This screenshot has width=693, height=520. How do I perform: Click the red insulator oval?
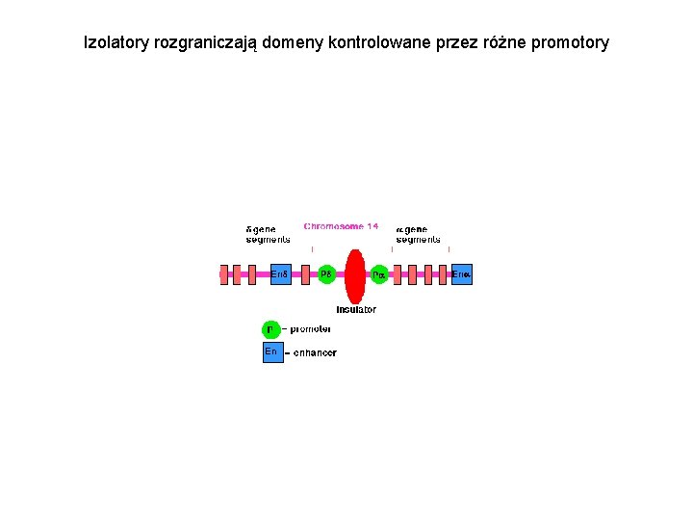coord(355,275)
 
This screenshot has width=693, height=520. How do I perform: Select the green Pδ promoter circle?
coord(326,274)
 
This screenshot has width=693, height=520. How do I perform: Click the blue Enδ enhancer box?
coord(280,274)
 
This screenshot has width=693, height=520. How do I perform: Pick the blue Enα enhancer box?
coord(462,274)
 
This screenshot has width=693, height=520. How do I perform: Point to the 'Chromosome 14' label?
coord(341,226)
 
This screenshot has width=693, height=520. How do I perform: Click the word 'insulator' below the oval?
coord(356,310)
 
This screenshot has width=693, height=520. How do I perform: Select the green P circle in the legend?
coord(271,329)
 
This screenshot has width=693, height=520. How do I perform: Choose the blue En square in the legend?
coord(272,352)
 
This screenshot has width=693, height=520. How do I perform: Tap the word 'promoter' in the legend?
coord(311,329)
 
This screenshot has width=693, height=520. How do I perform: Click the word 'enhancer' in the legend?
coord(315,353)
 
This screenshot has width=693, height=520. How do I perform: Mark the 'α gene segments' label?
coord(419,234)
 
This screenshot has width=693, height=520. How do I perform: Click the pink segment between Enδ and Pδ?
coord(306,275)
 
